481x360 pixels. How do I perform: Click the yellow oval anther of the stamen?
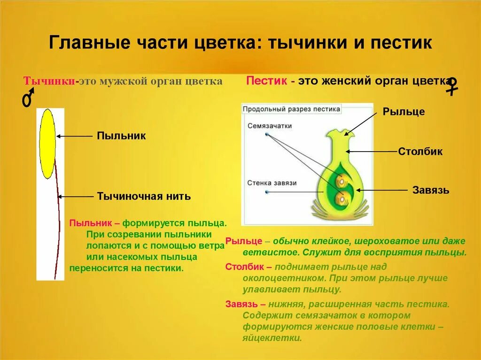tap(47, 143)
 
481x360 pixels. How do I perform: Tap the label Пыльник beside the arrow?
tap(121, 136)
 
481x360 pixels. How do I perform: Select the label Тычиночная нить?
tap(144, 196)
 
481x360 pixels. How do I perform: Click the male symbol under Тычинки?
tap(28, 99)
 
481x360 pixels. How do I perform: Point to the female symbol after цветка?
tap(452, 86)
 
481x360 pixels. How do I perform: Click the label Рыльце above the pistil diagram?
tap(403, 112)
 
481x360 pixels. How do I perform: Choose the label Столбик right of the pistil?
tap(420, 152)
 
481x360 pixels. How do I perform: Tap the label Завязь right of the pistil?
tap(431, 190)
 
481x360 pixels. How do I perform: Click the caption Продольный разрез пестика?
tap(291, 109)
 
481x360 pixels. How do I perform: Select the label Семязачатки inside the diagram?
tap(270, 126)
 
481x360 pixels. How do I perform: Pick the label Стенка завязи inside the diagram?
tap(272, 183)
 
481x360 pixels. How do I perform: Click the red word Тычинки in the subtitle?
tap(50, 81)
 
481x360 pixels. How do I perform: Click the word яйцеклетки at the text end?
tap(272, 338)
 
